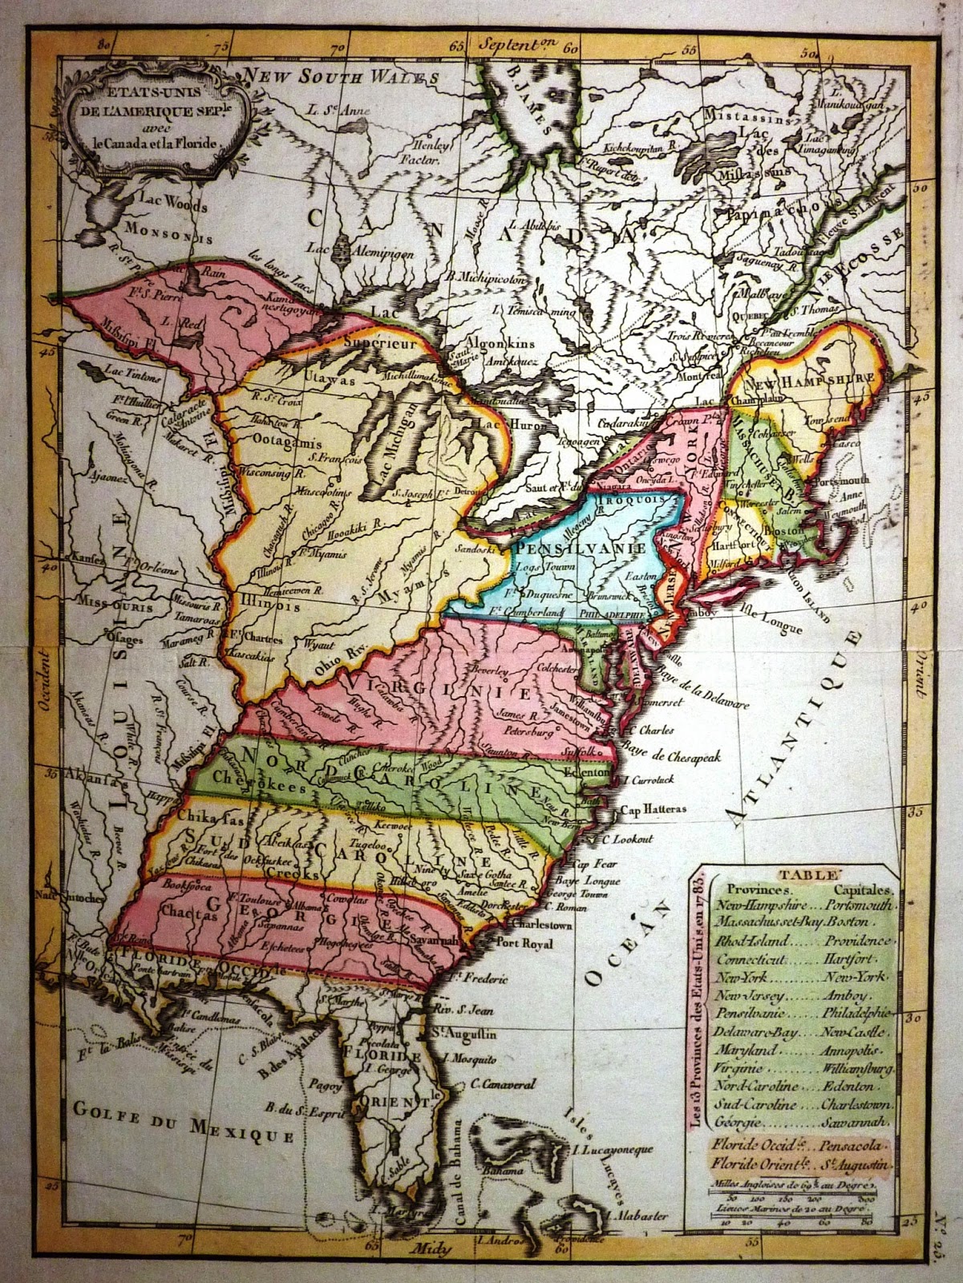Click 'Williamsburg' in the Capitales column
[856, 1069]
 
